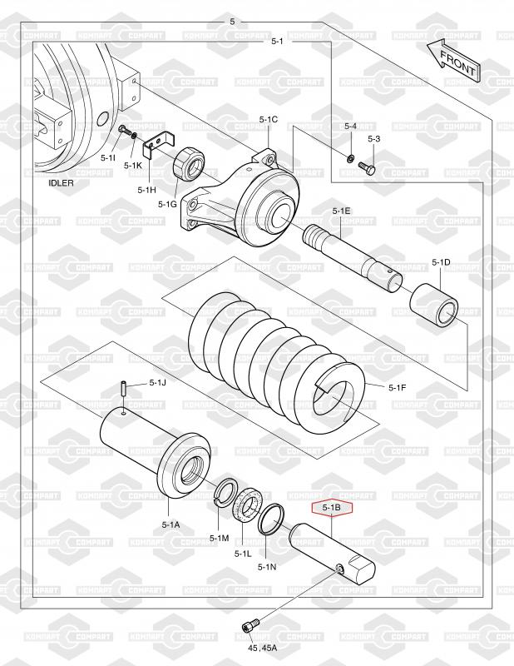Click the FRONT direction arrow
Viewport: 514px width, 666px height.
click(454, 62)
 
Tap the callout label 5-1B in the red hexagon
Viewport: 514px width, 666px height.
click(332, 507)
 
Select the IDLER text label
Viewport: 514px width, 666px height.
click(61, 183)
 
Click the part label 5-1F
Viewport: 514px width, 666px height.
click(398, 387)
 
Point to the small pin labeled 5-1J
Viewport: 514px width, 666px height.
click(123, 388)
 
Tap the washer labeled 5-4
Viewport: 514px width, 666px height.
click(350, 159)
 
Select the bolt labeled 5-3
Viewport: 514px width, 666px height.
click(368, 169)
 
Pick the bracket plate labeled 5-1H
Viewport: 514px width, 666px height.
click(160, 142)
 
